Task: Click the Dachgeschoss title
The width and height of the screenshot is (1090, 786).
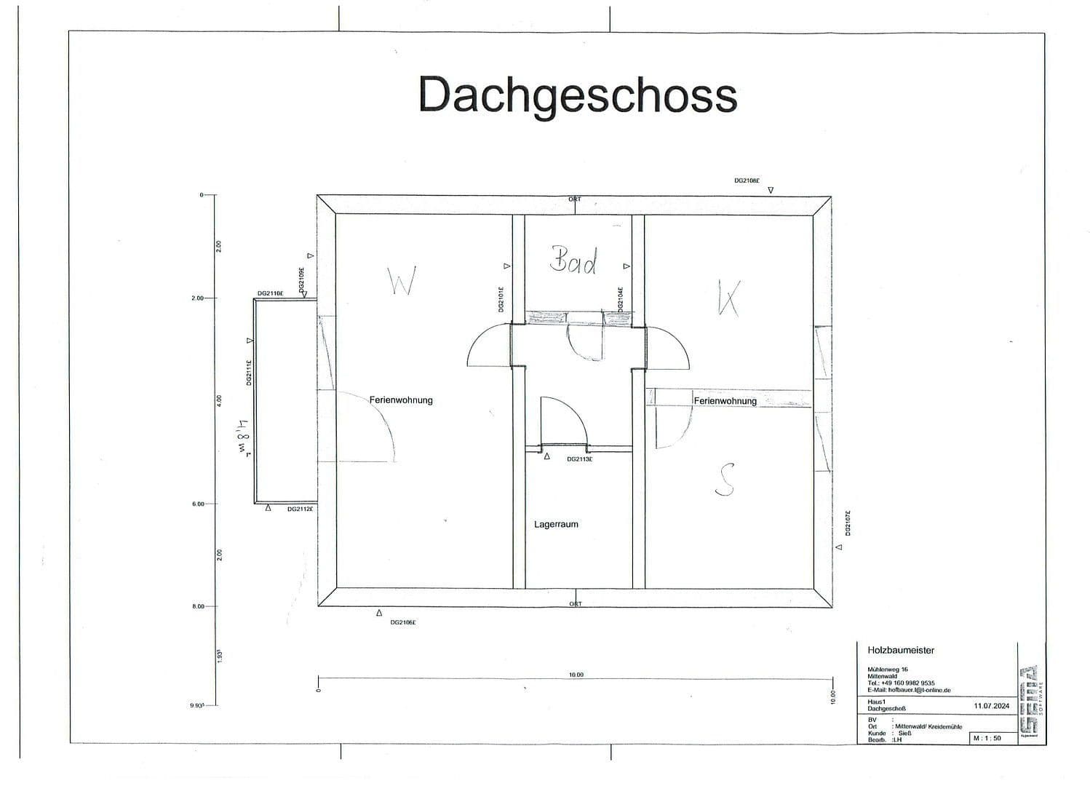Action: click(x=578, y=95)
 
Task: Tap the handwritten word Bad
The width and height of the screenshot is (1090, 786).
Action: click(x=574, y=260)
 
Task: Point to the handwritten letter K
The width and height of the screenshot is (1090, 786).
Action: click(x=728, y=296)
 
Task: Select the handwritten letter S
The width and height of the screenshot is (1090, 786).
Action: click(x=725, y=480)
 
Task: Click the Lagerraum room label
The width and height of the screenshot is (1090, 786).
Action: click(x=556, y=524)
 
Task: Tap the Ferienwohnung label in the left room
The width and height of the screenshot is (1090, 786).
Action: click(x=401, y=400)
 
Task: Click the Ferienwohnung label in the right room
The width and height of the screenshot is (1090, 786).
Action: click(x=725, y=401)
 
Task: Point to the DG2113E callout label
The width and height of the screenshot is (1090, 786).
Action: click(x=579, y=459)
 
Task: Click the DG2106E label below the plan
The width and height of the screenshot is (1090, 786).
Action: click(x=403, y=622)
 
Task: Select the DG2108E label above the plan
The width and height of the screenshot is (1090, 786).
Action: click(x=747, y=180)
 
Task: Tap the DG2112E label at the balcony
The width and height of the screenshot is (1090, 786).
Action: click(x=300, y=509)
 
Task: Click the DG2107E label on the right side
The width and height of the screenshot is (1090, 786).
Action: click(x=848, y=523)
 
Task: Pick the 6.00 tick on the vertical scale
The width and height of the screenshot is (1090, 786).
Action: click(x=198, y=504)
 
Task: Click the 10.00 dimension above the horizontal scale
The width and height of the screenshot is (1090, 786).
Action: click(x=576, y=675)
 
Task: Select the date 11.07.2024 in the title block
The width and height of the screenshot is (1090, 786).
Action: click(x=991, y=706)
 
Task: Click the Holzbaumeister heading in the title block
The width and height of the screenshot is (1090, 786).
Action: click(x=901, y=651)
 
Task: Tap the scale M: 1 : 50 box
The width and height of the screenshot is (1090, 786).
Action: click(x=987, y=738)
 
